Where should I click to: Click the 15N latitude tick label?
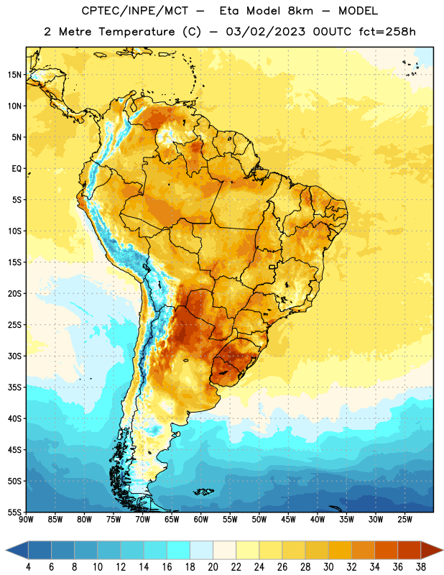coord(14,75)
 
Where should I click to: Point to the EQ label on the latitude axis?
coord(17,169)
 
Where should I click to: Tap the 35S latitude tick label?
coord(14,387)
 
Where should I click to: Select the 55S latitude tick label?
coord(14,512)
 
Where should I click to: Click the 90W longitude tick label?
coord(26,519)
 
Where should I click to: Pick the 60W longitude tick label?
coord(201,519)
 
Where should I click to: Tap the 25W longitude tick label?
coord(404,519)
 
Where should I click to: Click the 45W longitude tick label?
coord(288,519)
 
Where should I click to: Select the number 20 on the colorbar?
coord(213,567)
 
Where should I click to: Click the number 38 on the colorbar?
coord(421,567)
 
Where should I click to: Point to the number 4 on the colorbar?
coord(28,567)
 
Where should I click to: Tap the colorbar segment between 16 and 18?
coord(179,550)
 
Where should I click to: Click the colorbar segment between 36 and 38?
coord(410,550)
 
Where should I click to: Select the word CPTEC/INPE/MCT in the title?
coord(134,11)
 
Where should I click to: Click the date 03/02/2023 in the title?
coord(265,32)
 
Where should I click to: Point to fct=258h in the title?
coord(387,32)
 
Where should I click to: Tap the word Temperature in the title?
coord(137,32)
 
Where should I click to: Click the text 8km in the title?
coord(300,11)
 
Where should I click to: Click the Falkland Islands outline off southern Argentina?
coord(204,492)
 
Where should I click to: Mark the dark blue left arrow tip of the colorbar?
coord(6,550)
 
